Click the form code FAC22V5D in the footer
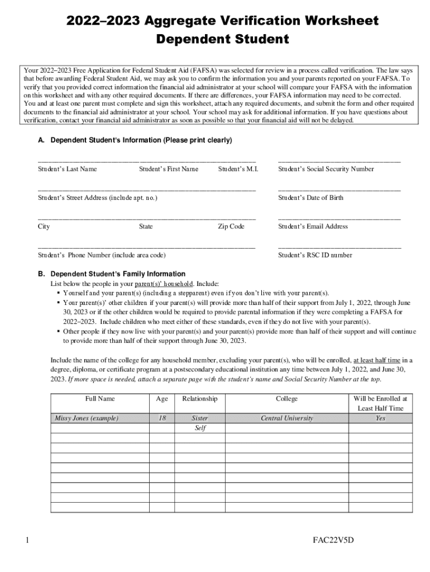click(x=333, y=541)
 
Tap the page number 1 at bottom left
click(x=27, y=541)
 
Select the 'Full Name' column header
click(x=100, y=399)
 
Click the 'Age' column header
click(x=162, y=399)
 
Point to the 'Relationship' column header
click(x=199, y=399)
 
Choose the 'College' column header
click(x=286, y=399)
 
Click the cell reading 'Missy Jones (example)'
click(x=87, y=418)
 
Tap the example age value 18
click(x=162, y=418)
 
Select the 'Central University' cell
click(x=286, y=418)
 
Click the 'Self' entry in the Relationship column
click(x=199, y=428)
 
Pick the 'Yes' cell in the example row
click(x=380, y=418)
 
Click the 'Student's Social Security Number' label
click(x=326, y=169)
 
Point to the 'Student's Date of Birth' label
click(x=310, y=198)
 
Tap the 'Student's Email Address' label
click(x=313, y=227)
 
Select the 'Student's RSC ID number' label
click(x=315, y=255)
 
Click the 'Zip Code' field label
click(x=231, y=227)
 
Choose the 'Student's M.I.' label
click(x=238, y=169)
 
